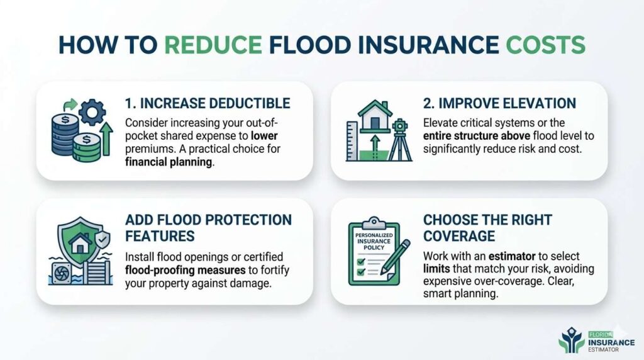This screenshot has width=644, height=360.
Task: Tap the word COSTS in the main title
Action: (x=547, y=45)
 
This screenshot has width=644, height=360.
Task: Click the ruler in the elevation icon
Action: (x=352, y=142)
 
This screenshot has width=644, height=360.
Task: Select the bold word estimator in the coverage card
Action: (x=516, y=257)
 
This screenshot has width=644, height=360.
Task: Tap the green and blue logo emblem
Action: (x=572, y=339)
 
